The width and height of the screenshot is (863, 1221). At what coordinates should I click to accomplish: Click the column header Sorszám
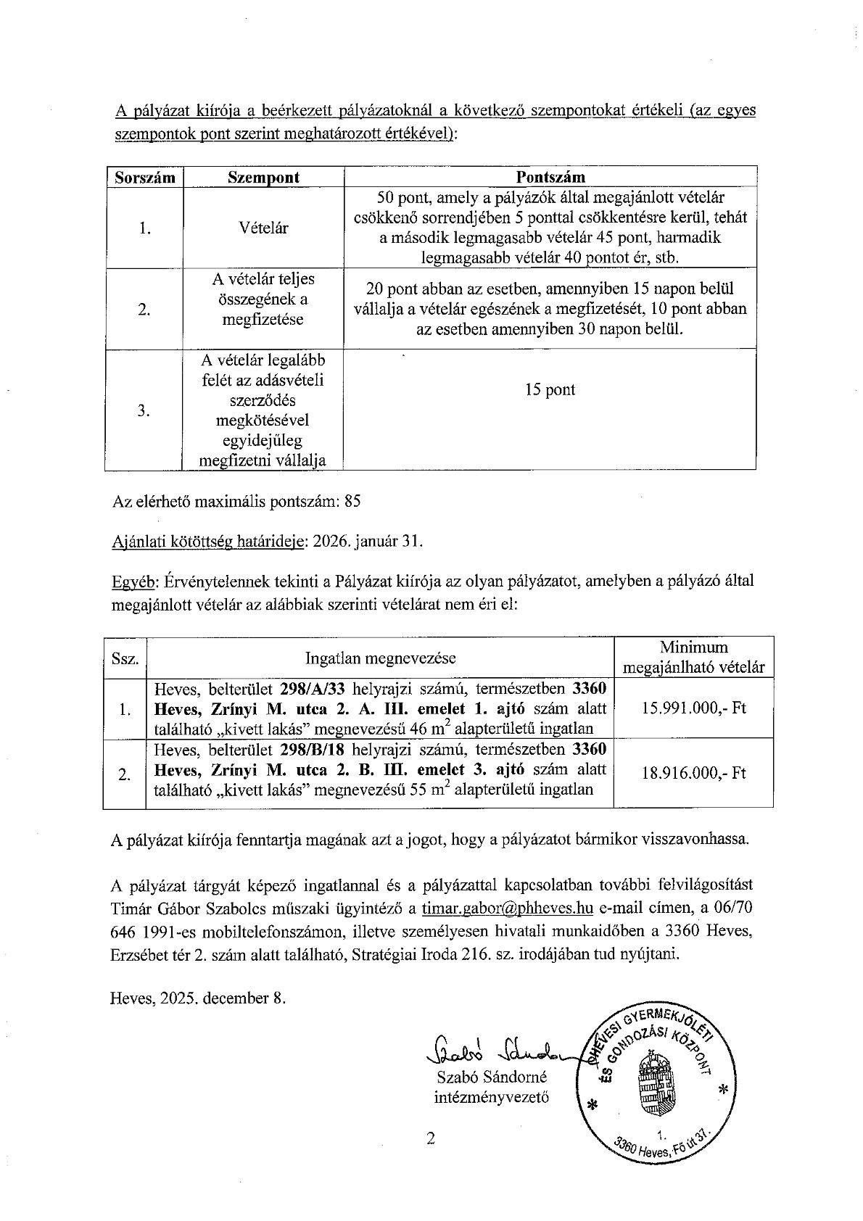(145, 178)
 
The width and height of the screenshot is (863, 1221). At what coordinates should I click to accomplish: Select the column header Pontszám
(550, 178)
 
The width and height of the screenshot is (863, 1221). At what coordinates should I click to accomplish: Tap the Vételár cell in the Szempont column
(263, 228)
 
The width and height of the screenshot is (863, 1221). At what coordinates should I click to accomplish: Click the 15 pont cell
(550, 389)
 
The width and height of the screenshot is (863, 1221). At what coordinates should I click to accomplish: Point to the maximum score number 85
(353, 501)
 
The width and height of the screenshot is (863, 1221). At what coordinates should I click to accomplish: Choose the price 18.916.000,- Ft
(693, 773)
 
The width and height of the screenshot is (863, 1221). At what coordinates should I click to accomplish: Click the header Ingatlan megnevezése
(381, 658)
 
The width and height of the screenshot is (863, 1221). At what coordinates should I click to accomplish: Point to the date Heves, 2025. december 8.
(198, 998)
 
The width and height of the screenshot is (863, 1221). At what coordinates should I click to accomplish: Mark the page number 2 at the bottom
(431, 1139)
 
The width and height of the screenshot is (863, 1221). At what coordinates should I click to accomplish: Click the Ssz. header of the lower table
(125, 658)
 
